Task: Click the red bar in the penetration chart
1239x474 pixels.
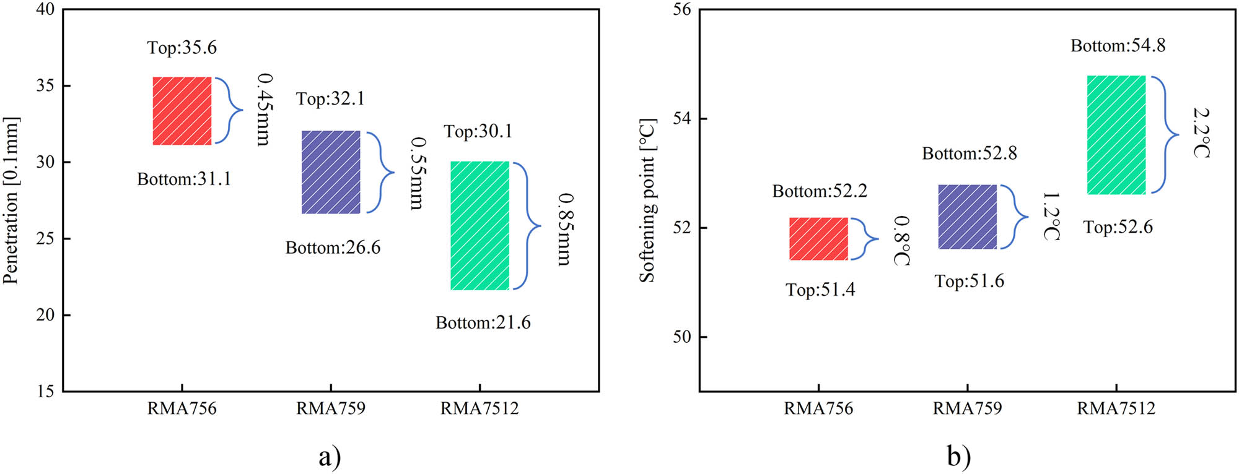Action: (182, 111)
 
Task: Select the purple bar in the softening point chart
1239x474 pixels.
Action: (967, 217)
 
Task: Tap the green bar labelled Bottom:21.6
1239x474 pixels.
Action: (479, 225)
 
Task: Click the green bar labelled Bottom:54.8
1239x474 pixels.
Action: (1116, 135)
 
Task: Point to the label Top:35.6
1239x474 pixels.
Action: (182, 48)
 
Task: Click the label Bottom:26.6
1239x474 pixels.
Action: (333, 248)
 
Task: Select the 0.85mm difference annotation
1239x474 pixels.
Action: (564, 230)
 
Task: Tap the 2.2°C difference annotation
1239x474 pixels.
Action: (1201, 133)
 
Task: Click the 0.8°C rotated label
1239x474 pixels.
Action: (902, 241)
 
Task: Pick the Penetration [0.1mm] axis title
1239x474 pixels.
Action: (11, 200)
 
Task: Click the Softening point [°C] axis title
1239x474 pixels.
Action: (647, 200)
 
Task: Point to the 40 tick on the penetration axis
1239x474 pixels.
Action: (45, 9)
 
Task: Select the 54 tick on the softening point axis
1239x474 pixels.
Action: (681, 118)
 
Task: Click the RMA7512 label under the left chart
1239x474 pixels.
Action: (479, 408)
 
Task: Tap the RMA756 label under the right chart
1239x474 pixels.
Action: (818, 408)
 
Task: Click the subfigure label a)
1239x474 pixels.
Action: (330, 457)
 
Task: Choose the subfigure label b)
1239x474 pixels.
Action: (958, 457)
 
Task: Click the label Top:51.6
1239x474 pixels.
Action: (969, 281)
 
